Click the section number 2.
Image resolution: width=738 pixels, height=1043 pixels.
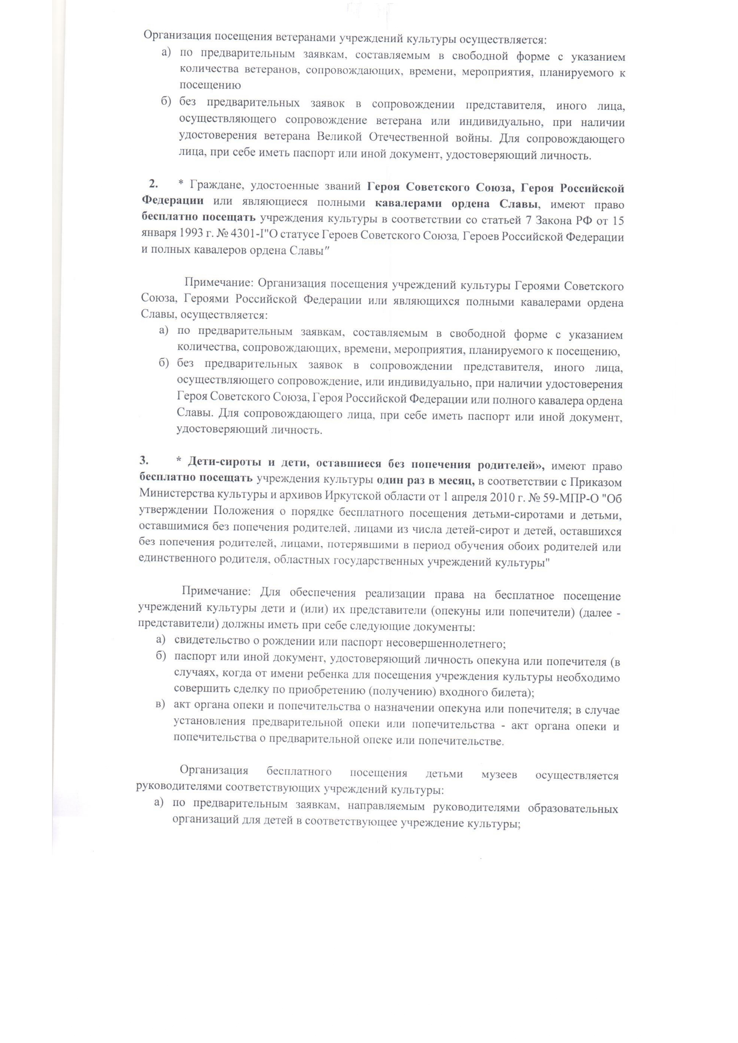click(154, 184)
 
